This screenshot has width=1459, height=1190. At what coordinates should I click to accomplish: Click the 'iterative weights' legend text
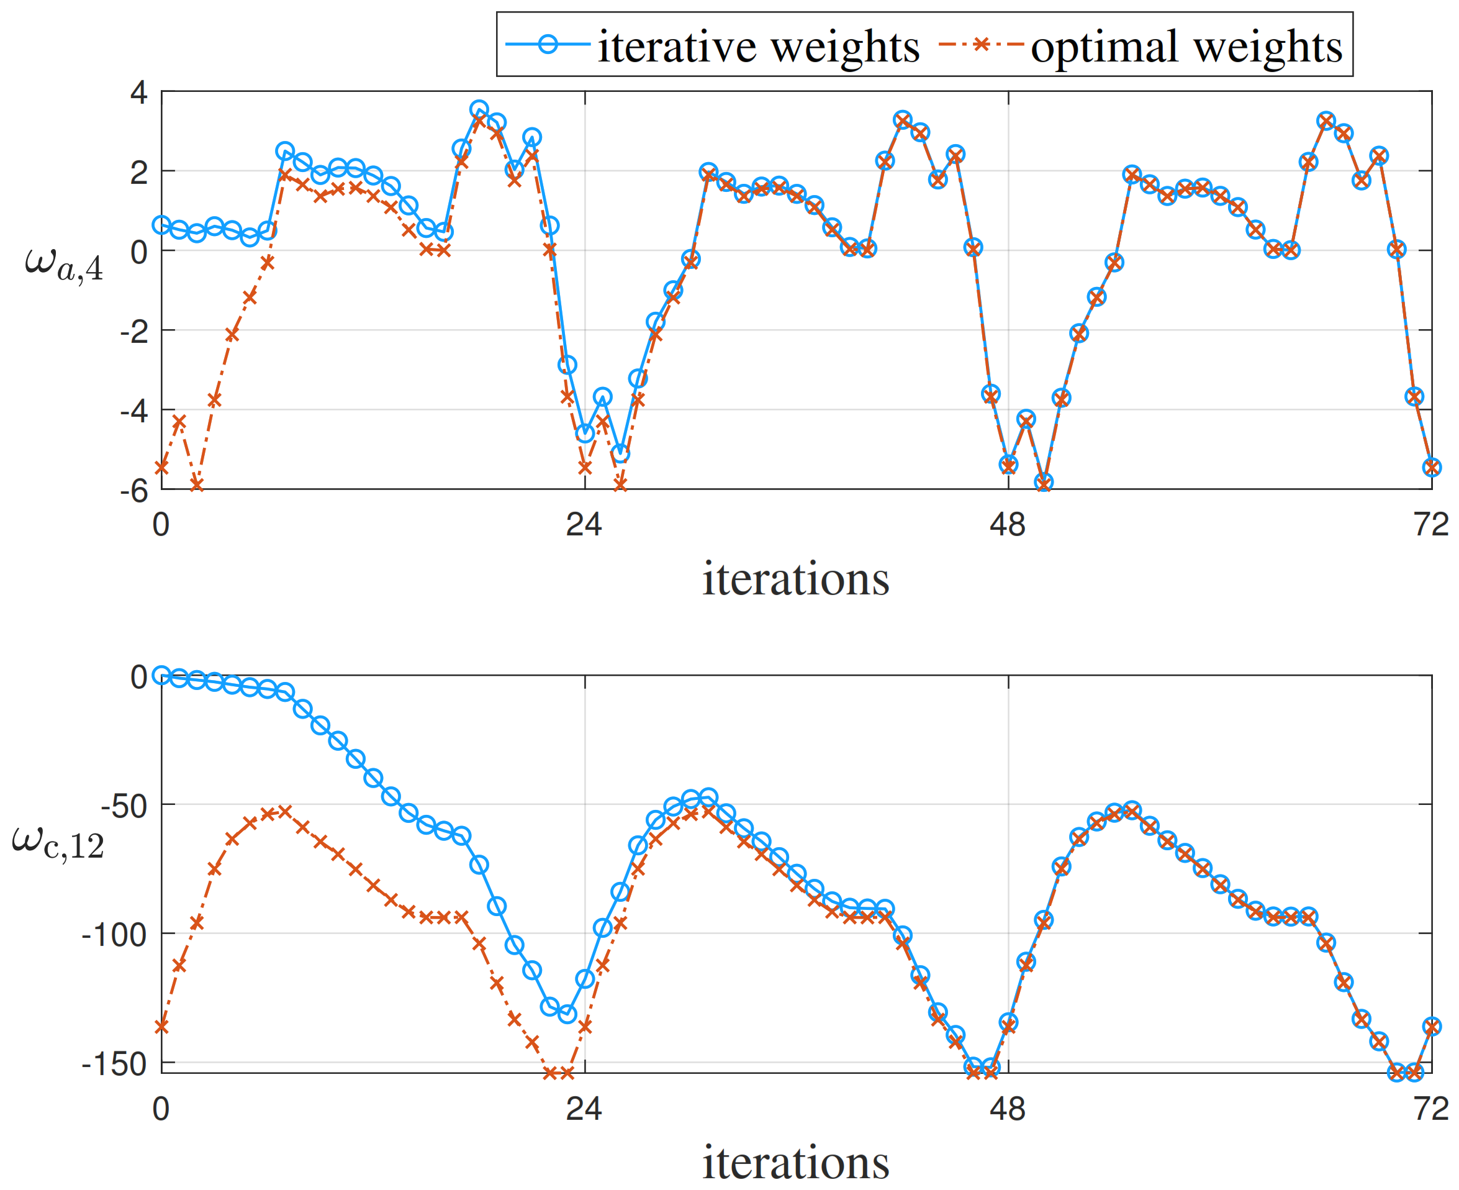point(758,47)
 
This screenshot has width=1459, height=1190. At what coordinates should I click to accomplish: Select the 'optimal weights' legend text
point(1186,47)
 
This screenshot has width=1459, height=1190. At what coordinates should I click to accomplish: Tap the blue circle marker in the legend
point(548,45)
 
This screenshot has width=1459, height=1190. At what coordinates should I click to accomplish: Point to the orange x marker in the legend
point(981,45)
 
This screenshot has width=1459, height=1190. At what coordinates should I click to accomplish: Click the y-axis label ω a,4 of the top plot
point(64,263)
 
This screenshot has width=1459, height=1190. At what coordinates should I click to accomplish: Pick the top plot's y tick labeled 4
point(138,92)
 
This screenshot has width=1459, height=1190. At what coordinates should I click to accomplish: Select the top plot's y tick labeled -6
point(133,491)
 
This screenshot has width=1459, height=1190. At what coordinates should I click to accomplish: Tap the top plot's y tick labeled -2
point(133,332)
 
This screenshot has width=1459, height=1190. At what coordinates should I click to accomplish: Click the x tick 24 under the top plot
point(584,525)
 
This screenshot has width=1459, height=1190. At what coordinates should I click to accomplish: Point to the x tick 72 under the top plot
point(1431,525)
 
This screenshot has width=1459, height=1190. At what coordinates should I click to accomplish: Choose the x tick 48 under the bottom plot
point(1008,1109)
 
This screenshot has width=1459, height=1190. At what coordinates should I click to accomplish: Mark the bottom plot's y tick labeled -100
point(114,934)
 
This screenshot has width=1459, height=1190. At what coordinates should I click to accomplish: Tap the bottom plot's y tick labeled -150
point(114,1065)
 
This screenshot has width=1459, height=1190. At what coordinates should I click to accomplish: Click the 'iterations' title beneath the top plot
point(796,579)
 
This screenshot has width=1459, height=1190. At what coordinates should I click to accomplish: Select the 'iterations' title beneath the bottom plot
point(796,1163)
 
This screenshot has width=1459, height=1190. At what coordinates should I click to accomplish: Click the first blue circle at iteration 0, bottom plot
point(161,675)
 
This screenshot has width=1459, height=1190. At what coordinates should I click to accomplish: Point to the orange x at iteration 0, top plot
point(161,468)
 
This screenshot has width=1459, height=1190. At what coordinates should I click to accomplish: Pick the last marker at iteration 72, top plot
point(1431,468)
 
